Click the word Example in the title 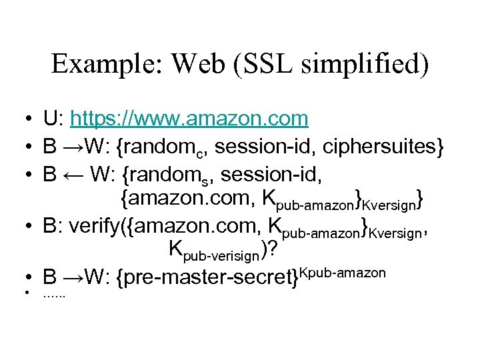98,64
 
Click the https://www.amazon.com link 189,119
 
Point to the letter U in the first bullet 50,119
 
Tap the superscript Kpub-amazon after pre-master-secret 343,271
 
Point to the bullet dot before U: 23,119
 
